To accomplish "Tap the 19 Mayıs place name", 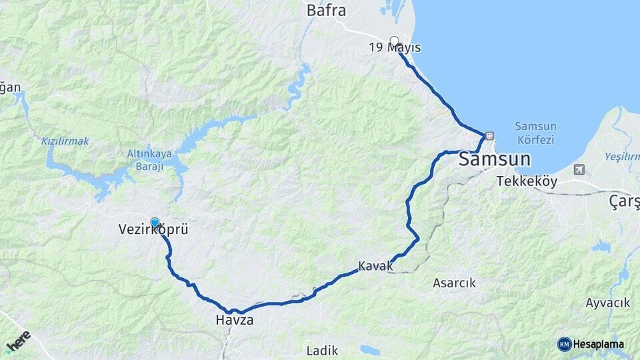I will (395, 47).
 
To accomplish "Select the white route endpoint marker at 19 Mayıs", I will (394, 40).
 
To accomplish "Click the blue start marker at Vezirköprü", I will (155, 223).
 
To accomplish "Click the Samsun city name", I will (495, 160).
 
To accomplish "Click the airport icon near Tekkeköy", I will (579, 169).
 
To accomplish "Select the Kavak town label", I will (376, 266).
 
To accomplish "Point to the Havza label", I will (234, 320).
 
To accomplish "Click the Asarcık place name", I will (454, 283).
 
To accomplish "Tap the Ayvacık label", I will (607, 303).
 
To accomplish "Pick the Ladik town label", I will (322, 351).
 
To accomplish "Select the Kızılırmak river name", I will (65, 141).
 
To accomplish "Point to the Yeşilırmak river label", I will (622, 157).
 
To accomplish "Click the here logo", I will (18, 341).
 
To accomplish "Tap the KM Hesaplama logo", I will (591, 344).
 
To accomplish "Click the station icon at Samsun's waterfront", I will (489, 135).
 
